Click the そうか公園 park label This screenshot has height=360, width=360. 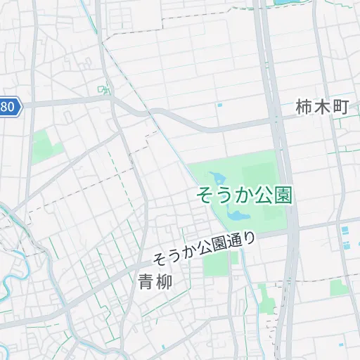click(245, 193)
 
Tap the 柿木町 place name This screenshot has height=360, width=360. click(323, 108)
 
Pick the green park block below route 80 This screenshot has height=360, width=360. click(44, 147)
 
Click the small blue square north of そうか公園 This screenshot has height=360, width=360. click(220, 105)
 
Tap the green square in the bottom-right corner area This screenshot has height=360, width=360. click(339, 287)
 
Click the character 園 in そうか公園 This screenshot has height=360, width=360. click(283, 193)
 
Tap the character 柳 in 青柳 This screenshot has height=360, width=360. click(164, 281)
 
